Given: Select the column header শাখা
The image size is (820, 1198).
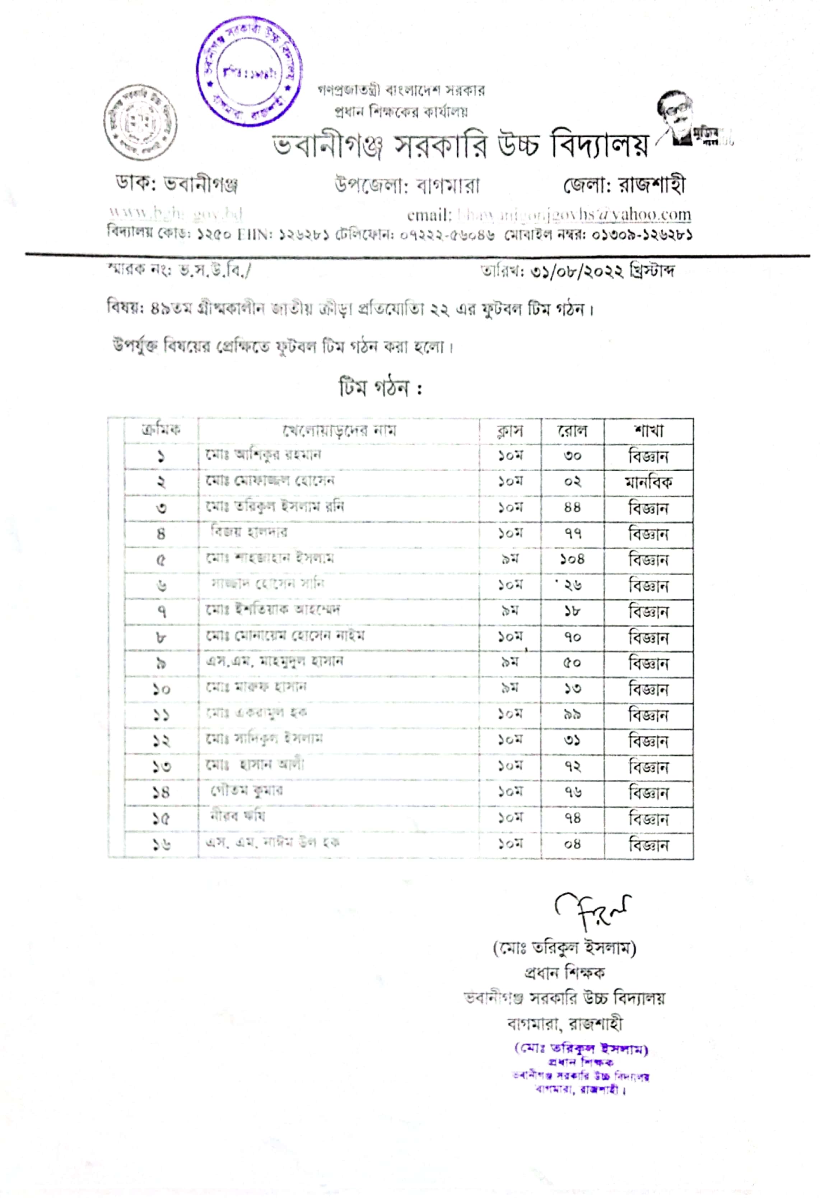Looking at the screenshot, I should tap(648, 431).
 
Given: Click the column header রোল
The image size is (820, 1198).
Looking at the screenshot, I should tap(572, 431).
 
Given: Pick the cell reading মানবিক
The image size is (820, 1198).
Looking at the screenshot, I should tap(648, 483).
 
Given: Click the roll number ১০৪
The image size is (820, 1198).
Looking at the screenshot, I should tap(572, 559).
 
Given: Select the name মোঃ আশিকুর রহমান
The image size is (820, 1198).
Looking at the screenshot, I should tap(263, 455).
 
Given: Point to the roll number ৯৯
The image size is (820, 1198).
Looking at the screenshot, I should tap(572, 715).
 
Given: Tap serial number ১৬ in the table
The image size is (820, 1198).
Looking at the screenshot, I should tap(161, 844).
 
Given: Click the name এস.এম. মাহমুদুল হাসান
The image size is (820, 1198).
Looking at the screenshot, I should tap(274, 661).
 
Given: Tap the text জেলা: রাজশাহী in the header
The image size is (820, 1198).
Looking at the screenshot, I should tap(624, 185).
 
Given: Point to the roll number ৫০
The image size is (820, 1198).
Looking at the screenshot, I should tap(572, 663).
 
